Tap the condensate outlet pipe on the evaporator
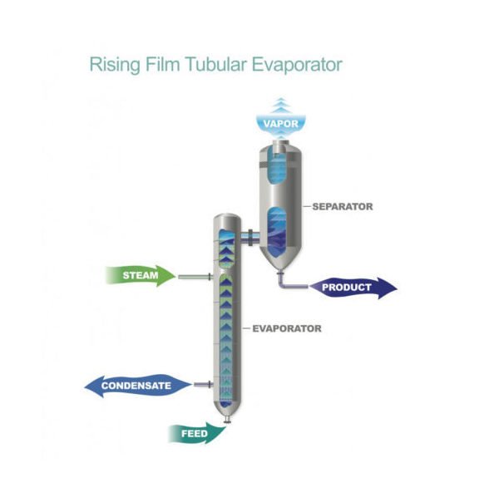pyautogui.click(x=201, y=385)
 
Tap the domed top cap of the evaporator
pyautogui.click(x=225, y=222)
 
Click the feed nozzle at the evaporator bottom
pyautogui.click(x=226, y=426)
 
